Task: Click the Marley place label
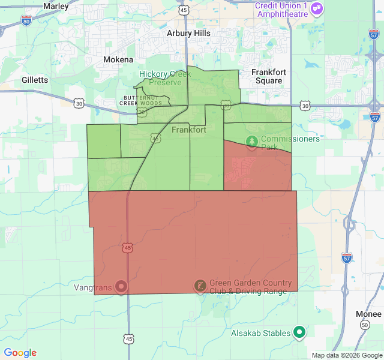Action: point(56,6)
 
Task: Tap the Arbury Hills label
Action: point(188,34)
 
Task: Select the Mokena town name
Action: point(118,60)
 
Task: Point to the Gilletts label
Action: point(34,80)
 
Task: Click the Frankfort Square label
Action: point(268,76)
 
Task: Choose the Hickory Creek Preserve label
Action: point(165,78)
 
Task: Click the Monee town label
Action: point(368,314)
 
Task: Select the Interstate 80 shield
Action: point(26,20)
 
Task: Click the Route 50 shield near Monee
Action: point(364,325)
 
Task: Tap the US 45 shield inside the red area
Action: point(127,247)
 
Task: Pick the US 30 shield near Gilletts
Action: point(79,103)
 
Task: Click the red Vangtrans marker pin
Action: point(121,287)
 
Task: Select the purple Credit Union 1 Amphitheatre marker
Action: point(317,8)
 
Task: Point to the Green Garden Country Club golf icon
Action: point(199,286)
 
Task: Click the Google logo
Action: point(20,353)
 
